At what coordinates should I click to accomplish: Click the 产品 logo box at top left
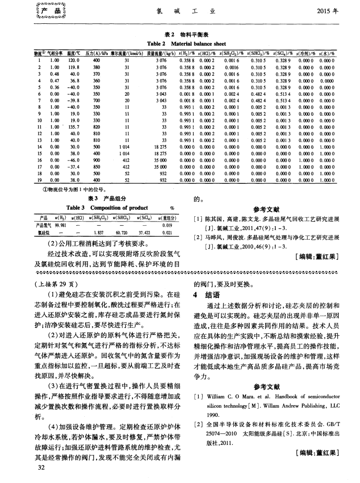(46, 10)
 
